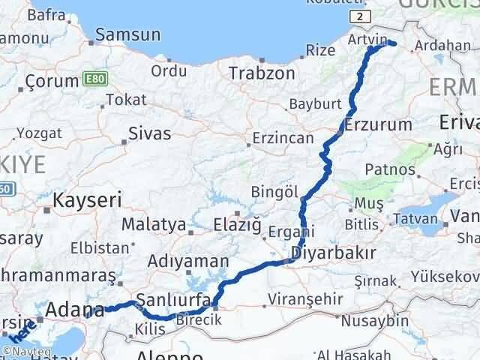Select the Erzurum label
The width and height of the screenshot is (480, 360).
tap(379, 124)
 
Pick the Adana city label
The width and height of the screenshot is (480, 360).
tap(75, 309)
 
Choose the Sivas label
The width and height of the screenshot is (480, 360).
tap(150, 134)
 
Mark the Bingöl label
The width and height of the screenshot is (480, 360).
tap(274, 191)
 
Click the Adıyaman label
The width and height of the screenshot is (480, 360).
tap(188, 262)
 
